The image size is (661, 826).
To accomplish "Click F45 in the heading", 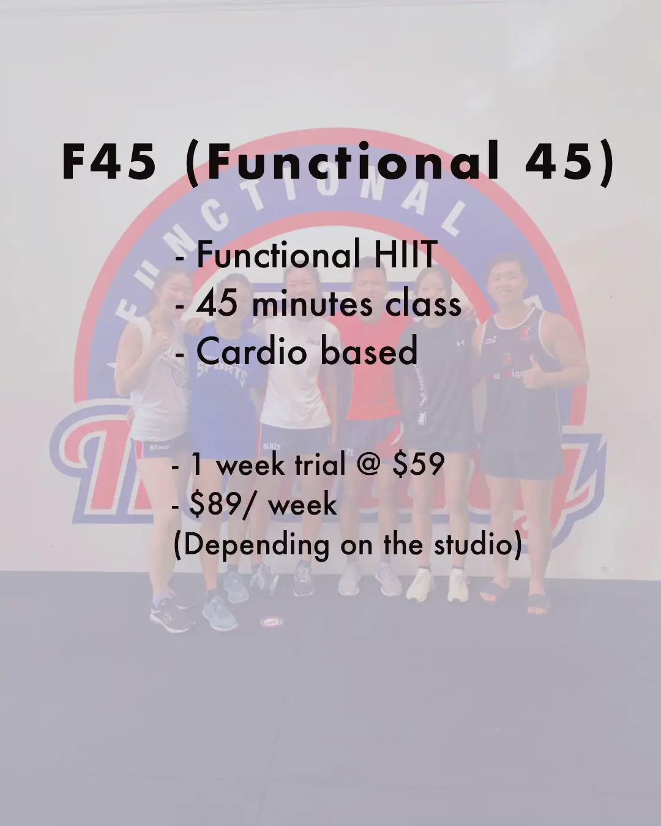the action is click(110, 162).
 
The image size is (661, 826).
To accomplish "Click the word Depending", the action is click(256, 545).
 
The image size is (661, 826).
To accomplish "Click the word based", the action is click(368, 351).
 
